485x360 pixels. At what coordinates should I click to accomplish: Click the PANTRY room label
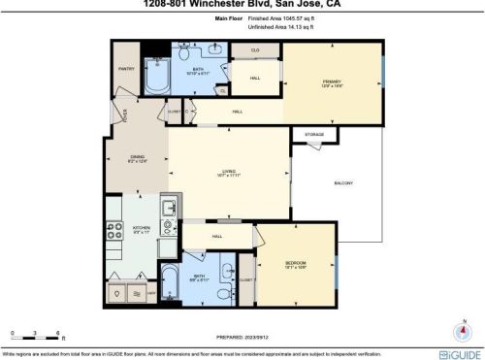point(126,69)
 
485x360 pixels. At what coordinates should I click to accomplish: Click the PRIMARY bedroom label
point(333,83)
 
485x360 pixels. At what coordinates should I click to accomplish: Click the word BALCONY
point(343,184)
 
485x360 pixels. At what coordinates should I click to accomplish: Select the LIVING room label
point(229,173)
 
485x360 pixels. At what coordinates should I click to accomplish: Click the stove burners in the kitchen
point(112,230)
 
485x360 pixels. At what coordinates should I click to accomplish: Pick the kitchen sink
point(168,208)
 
